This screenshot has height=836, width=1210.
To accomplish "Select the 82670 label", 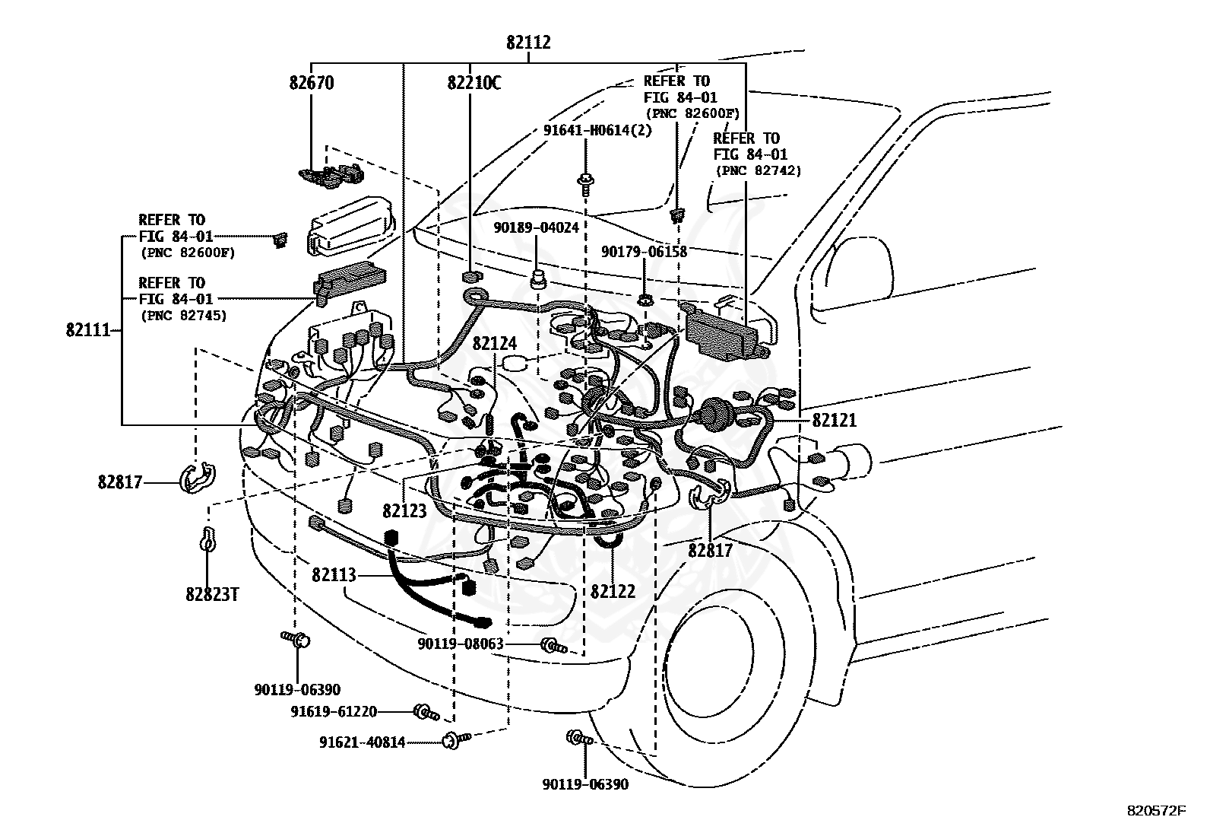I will point(311,83).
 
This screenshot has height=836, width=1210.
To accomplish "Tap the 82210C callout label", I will point(474,83).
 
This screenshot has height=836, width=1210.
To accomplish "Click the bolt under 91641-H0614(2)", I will point(586,183).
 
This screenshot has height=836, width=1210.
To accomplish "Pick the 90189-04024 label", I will point(536,227).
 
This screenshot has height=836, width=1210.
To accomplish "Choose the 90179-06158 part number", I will point(644,252).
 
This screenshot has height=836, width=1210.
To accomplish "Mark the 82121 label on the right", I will point(834,420).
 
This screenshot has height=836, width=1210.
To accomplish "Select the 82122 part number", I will point(613,590).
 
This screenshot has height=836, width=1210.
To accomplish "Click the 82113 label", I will point(334,575).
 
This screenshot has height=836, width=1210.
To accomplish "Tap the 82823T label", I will point(212,593).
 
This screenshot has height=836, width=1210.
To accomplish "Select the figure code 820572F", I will point(1156,811).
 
